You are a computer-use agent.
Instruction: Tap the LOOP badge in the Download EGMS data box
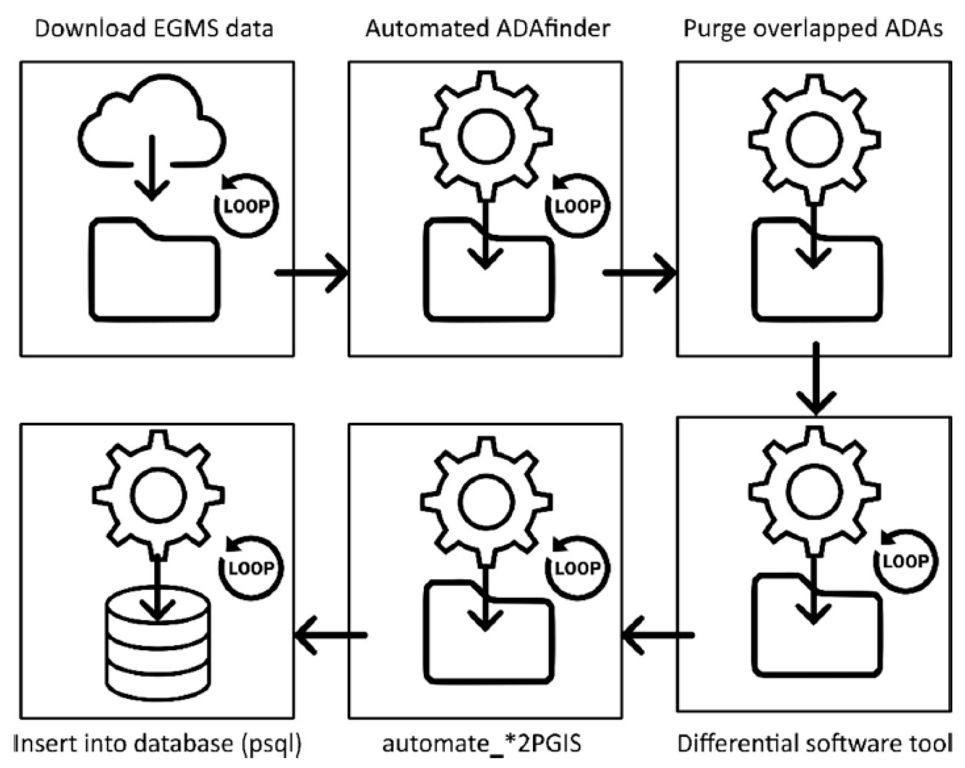tap(246, 205)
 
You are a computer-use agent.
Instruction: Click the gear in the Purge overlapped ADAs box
tap(814, 139)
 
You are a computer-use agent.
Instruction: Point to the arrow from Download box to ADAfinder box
tap(311, 273)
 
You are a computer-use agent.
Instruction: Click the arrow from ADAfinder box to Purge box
tap(639, 273)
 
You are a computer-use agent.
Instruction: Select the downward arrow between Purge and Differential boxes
tap(815, 378)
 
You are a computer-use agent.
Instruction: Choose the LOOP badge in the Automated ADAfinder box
tap(576, 205)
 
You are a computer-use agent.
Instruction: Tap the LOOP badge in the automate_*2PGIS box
tap(576, 567)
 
